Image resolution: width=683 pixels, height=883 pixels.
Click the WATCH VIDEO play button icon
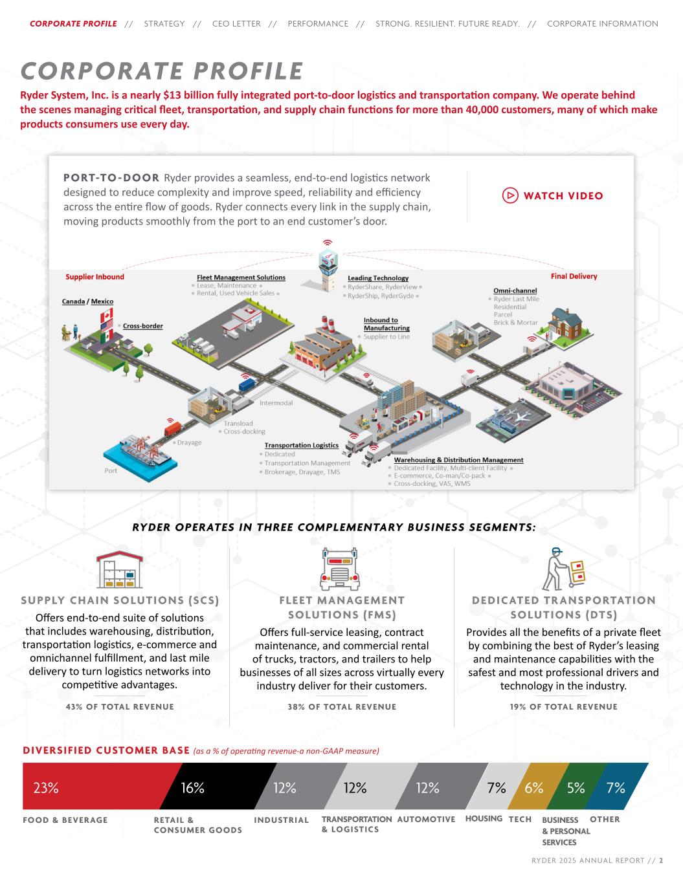[510, 195]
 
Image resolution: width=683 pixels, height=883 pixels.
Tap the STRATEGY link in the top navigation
[164, 24]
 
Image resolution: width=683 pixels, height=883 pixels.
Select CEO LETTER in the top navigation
[236, 24]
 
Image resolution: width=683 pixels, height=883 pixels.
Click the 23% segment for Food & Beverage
[97, 787]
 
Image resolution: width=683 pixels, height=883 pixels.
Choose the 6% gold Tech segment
[535, 787]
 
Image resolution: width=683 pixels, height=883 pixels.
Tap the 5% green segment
[576, 787]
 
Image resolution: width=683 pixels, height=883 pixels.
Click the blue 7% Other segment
[618, 787]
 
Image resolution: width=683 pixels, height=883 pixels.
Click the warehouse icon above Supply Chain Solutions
[120, 569]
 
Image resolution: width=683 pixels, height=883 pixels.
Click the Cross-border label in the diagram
[143, 326]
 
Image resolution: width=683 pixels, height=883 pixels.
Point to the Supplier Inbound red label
[95, 277]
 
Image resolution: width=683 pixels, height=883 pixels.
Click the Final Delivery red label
[574, 276]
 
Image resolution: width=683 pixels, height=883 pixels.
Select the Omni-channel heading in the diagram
[515, 291]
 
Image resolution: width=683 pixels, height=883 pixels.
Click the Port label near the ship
[111, 470]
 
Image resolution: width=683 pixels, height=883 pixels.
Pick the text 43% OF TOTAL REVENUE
[120, 706]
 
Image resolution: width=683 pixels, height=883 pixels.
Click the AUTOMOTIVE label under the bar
[426, 820]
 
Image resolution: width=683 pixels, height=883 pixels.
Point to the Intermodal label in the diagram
[276, 403]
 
